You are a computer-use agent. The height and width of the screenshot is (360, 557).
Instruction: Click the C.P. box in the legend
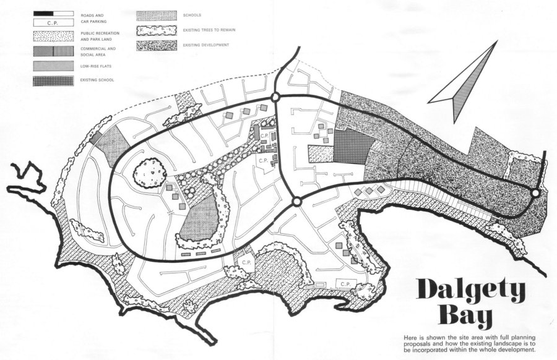52,22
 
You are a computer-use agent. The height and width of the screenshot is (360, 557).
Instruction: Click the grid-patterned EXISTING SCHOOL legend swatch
52,80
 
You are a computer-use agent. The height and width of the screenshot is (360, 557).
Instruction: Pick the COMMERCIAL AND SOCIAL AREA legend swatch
52,51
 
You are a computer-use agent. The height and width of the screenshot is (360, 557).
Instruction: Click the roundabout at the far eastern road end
535,194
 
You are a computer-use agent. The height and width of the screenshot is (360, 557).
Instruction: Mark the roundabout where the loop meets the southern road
296,202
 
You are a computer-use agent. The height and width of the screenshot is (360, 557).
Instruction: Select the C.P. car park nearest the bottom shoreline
345,284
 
